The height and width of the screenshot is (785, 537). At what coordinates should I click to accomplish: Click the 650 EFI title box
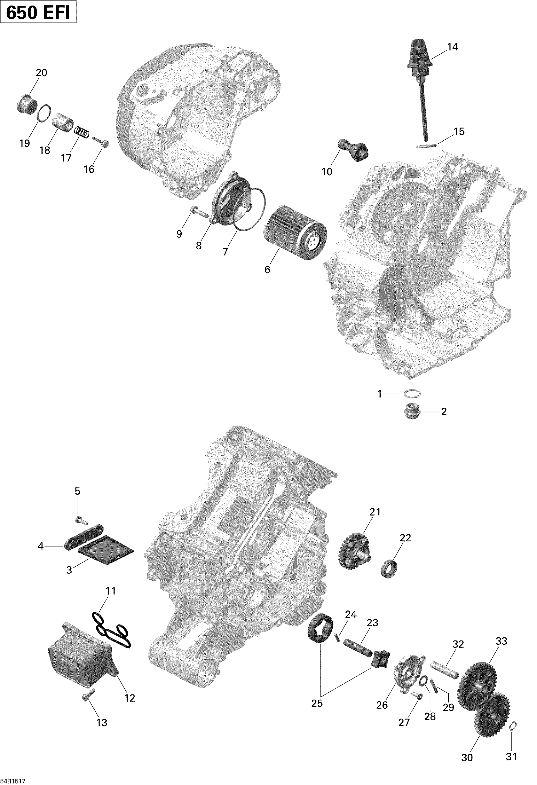(38, 13)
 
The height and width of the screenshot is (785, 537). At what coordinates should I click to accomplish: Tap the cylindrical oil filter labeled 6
(295, 233)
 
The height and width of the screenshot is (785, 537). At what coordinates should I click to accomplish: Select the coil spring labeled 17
(82, 132)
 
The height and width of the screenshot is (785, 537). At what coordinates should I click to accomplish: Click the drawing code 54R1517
(13, 779)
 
